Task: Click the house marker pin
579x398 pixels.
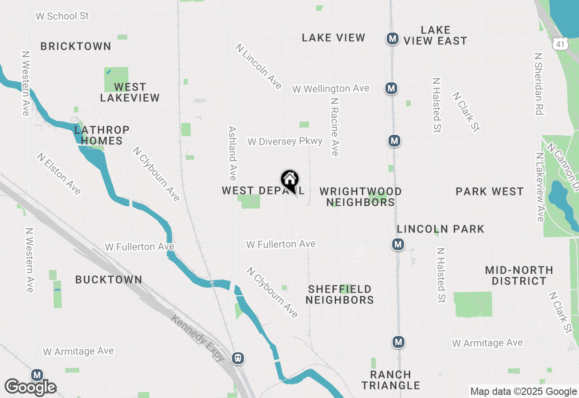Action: pos(289,180)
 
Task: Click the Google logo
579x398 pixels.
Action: pos(31,387)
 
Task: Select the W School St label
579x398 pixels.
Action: pos(62,16)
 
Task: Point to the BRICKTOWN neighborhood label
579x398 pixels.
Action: pos(76,46)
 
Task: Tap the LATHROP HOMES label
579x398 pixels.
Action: pos(102,135)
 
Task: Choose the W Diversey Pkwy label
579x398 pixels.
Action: pos(285,142)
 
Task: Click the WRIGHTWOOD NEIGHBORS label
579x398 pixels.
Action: pos(361,197)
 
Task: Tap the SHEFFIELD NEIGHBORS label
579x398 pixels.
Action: pos(340,294)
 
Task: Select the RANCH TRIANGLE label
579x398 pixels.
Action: pos(391,380)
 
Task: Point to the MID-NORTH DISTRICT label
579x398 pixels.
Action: pos(519,275)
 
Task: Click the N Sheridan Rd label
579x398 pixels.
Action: pos(538,84)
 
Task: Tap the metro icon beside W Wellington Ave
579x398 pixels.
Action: pos(391,88)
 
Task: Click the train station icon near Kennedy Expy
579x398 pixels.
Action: pos(238,358)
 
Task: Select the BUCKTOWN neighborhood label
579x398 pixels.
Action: pos(109,280)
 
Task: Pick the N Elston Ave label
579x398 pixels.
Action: pos(59,174)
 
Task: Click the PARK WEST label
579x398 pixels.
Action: pos(489,191)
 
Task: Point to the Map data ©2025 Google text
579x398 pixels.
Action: pos(523,392)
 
